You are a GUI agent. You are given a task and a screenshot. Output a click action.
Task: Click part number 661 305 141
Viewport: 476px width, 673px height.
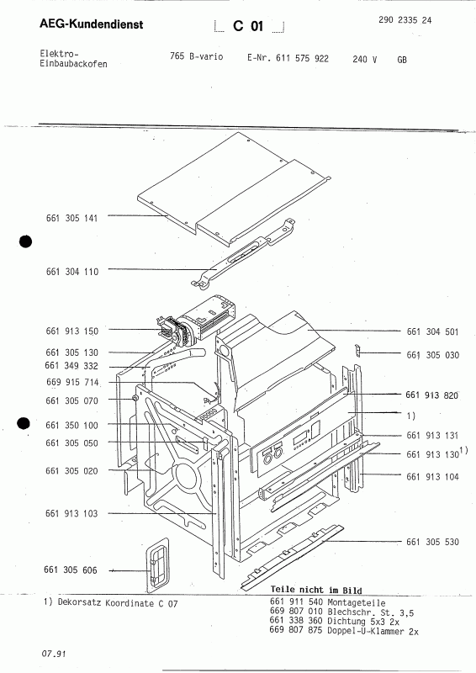point(72,218)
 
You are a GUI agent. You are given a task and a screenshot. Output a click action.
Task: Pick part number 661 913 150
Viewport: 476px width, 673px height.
point(72,331)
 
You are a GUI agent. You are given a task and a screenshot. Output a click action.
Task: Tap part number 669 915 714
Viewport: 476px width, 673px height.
point(72,382)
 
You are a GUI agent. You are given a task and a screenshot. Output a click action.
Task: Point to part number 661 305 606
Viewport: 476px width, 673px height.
point(72,570)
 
